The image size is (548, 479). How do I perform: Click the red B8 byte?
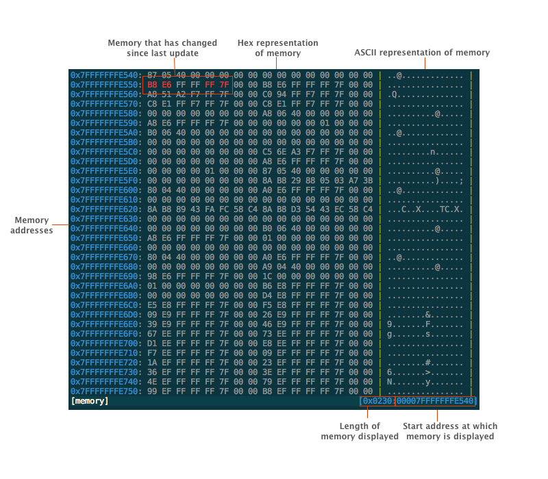(152, 85)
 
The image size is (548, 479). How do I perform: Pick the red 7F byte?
(224, 85)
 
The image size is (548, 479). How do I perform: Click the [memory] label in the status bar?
(90, 401)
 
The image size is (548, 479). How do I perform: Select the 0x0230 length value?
(377, 401)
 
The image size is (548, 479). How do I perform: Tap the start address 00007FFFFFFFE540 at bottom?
(435, 401)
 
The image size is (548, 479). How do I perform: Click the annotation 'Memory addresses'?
(32, 225)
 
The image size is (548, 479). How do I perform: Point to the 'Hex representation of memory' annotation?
(278, 48)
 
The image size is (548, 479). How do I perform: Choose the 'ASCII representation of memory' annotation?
(422, 53)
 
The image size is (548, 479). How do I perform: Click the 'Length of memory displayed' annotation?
(360, 431)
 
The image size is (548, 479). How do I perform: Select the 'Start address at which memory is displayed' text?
(450, 431)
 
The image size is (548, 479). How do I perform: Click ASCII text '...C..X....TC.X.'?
(425, 209)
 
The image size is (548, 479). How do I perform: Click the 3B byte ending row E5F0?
(368, 181)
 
